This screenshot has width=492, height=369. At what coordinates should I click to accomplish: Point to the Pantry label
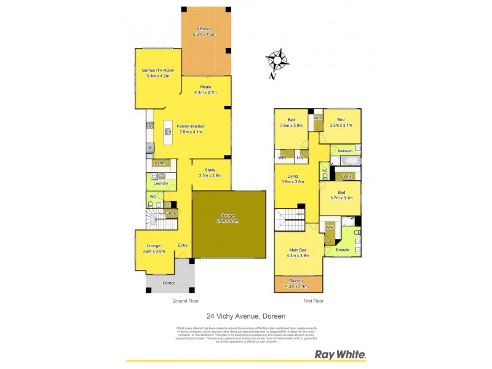point(161,164)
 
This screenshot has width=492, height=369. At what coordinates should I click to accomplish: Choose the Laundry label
point(161,183)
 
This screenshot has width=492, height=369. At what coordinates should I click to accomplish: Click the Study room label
point(210,170)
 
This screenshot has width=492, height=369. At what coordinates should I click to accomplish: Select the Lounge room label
point(154,245)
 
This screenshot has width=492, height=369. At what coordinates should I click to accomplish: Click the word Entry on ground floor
point(183,245)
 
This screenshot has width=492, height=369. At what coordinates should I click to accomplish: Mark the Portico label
point(169,282)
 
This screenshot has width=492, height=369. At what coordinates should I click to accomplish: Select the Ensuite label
point(343,250)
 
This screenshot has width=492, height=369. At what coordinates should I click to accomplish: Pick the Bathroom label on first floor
point(344,150)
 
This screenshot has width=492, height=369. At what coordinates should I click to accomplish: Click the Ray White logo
point(340,354)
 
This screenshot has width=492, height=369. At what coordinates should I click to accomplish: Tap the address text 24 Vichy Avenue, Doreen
point(246,315)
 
